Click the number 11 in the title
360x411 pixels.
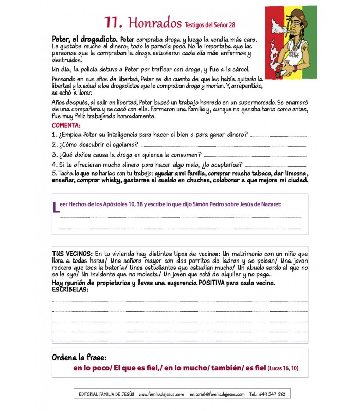coord(113,22)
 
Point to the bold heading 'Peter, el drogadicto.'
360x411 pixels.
coord(85,40)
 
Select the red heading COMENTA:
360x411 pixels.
coord(66,125)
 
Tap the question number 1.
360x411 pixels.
coord(55,135)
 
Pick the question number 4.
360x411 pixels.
coord(55,164)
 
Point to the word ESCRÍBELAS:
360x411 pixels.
coord(70,290)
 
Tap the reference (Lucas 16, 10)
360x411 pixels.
coord(282,368)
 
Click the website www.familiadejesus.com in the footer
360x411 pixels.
coord(161,394)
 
